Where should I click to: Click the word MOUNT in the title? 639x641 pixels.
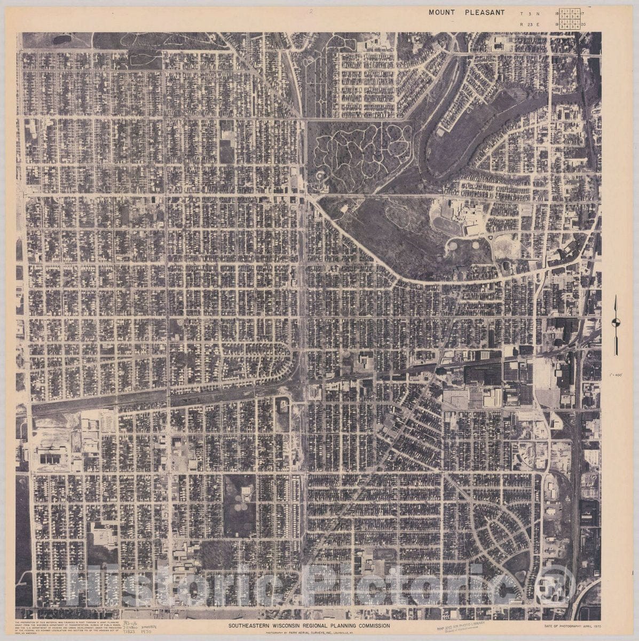tap(441, 12)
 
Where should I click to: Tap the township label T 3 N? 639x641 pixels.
tap(525, 13)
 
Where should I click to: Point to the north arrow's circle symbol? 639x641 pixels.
tap(616, 322)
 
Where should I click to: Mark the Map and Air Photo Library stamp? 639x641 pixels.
tap(461, 624)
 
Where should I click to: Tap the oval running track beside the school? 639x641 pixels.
tap(447, 225)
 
